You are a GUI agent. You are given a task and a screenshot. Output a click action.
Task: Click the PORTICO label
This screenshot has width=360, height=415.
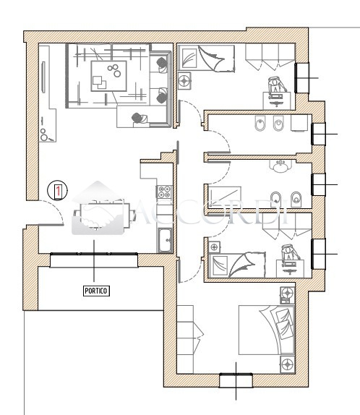click(x=96, y=291)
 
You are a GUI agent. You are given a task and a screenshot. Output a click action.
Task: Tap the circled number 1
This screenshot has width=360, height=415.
click(x=57, y=190)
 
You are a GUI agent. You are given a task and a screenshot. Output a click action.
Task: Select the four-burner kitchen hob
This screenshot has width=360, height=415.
click(x=164, y=192)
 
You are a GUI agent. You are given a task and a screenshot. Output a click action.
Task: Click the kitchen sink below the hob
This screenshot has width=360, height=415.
click(x=165, y=240)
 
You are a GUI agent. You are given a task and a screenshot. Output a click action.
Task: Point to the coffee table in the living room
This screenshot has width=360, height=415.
click(x=108, y=76)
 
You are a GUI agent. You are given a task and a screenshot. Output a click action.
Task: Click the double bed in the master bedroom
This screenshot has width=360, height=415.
click(x=267, y=330)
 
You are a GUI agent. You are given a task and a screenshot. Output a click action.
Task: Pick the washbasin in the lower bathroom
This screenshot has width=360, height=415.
click(x=280, y=166)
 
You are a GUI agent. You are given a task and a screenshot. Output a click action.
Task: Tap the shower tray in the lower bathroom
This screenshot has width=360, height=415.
click(x=225, y=197)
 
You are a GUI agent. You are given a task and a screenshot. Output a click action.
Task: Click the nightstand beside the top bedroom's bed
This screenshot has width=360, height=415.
click(x=184, y=80)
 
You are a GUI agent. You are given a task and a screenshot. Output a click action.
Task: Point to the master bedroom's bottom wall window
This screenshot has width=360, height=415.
click(x=236, y=380)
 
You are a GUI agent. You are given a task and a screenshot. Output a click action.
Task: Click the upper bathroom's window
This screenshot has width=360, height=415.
click(x=319, y=134)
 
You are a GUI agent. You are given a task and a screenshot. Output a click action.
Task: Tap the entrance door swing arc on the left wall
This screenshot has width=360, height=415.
click(x=56, y=209)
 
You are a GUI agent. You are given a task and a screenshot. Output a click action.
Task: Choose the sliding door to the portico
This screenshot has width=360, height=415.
click(x=94, y=254)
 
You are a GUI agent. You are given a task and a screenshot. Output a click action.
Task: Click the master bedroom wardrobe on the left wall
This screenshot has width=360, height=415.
click(x=185, y=339)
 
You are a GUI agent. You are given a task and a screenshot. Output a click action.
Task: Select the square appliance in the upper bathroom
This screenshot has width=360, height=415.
click(x=299, y=122)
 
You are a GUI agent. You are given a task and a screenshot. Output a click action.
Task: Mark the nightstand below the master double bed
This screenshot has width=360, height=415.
click(x=288, y=364)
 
